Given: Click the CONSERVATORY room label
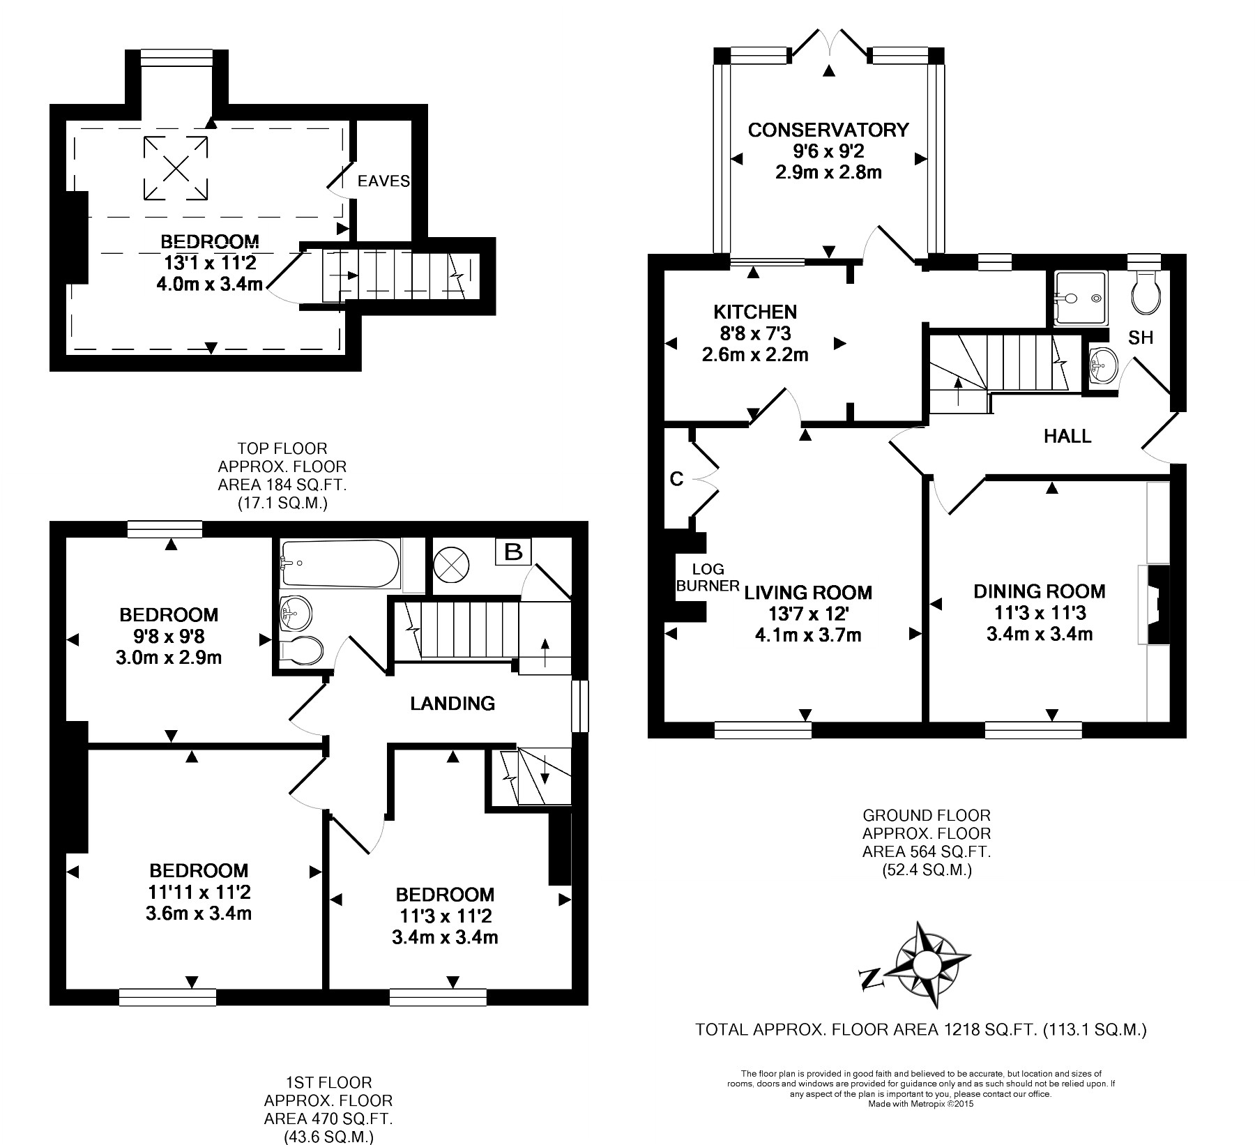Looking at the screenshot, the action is click(x=828, y=130).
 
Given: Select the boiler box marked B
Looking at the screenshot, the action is click(x=513, y=552).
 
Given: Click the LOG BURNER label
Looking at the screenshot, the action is click(x=707, y=577).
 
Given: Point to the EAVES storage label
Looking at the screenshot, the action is click(x=383, y=181).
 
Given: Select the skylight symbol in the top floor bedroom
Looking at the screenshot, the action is click(x=176, y=167).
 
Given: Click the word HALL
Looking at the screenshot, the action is click(x=1067, y=437).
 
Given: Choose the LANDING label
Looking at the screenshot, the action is click(x=452, y=703).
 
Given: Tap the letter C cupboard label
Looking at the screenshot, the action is click(x=676, y=478).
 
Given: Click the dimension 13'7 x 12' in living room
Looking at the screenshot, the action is click(x=807, y=614).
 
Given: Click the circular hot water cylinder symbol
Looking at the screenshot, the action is click(x=452, y=562).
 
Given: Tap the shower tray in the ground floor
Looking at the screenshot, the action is click(x=1080, y=298).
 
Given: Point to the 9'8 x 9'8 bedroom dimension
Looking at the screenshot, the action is click(x=169, y=636).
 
